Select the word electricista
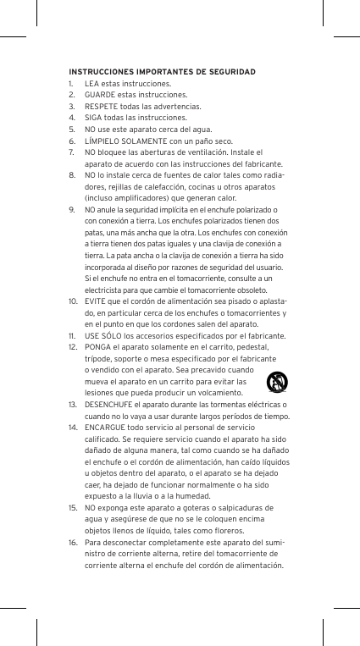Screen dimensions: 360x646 pos(104,289)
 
